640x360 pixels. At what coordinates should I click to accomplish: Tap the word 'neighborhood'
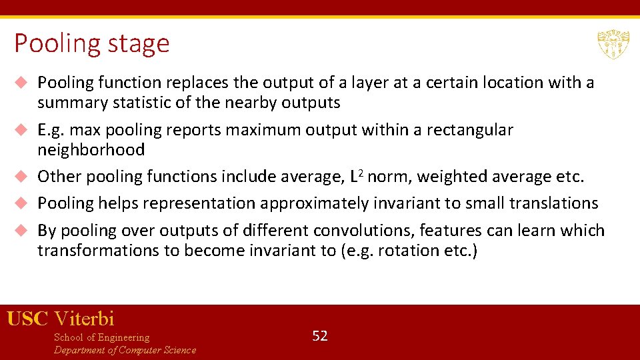click(x=91, y=150)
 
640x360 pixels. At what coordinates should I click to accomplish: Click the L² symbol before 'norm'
click(x=357, y=177)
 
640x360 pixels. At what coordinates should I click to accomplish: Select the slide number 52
click(x=320, y=335)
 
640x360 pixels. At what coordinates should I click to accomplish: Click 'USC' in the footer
click(x=28, y=319)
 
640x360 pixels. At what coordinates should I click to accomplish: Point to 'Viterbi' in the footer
click(x=84, y=319)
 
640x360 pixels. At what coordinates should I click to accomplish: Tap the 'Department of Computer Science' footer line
click(x=125, y=350)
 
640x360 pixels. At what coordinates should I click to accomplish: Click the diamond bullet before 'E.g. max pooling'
click(x=21, y=130)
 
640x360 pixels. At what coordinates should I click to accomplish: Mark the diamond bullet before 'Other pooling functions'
click(x=21, y=177)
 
